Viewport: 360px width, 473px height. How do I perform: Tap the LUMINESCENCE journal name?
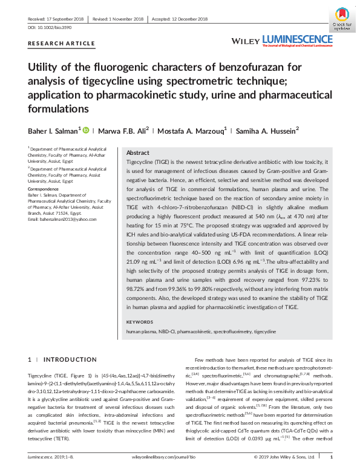[296, 40]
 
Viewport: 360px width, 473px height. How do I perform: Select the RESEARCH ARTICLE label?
[61, 44]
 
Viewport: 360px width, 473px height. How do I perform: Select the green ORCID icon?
[86, 130]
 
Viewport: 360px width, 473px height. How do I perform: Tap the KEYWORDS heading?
[140, 322]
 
